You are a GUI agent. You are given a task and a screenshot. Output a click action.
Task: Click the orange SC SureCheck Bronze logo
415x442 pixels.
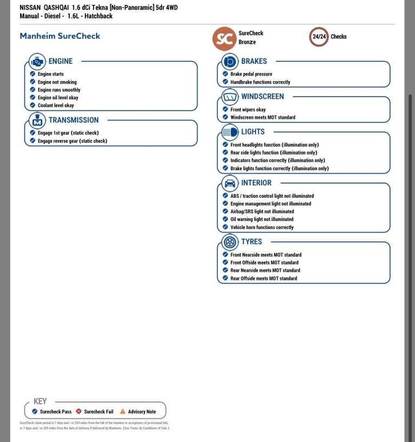point(224,38)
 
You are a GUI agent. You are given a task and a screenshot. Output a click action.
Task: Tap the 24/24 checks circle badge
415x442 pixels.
point(319,37)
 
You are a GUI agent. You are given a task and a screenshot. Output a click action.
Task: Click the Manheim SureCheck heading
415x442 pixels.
point(59,36)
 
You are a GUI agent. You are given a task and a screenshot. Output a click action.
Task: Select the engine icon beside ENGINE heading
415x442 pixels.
point(37,62)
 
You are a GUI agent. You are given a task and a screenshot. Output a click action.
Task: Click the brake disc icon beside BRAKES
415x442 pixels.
point(230,62)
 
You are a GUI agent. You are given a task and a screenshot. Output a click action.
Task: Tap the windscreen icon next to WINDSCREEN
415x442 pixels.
point(230,97)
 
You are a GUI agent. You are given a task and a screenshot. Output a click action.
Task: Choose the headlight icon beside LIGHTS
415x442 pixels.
point(230,132)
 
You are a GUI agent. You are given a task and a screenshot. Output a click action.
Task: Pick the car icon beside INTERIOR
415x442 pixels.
point(230,183)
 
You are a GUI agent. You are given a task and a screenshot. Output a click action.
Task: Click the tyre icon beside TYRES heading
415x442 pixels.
point(230,242)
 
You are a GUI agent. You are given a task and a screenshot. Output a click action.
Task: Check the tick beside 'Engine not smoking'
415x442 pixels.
point(33,82)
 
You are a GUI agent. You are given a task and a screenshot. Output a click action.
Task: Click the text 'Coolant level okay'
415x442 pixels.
point(56,106)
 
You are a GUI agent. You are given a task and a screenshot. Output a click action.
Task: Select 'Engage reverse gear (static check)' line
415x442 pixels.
point(72,141)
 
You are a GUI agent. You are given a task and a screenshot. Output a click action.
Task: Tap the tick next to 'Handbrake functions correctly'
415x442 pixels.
point(225,82)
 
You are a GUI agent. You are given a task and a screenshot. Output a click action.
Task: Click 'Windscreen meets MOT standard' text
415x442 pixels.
point(263,117)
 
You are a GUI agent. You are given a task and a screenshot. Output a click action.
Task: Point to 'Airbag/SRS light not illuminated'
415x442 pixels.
point(262,212)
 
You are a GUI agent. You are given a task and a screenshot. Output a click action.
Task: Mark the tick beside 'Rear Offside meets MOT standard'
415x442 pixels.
point(225,278)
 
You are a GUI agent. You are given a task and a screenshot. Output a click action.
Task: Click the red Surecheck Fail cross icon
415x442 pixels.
point(79,412)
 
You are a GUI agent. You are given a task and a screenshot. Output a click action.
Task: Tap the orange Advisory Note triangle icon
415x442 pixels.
point(123,412)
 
